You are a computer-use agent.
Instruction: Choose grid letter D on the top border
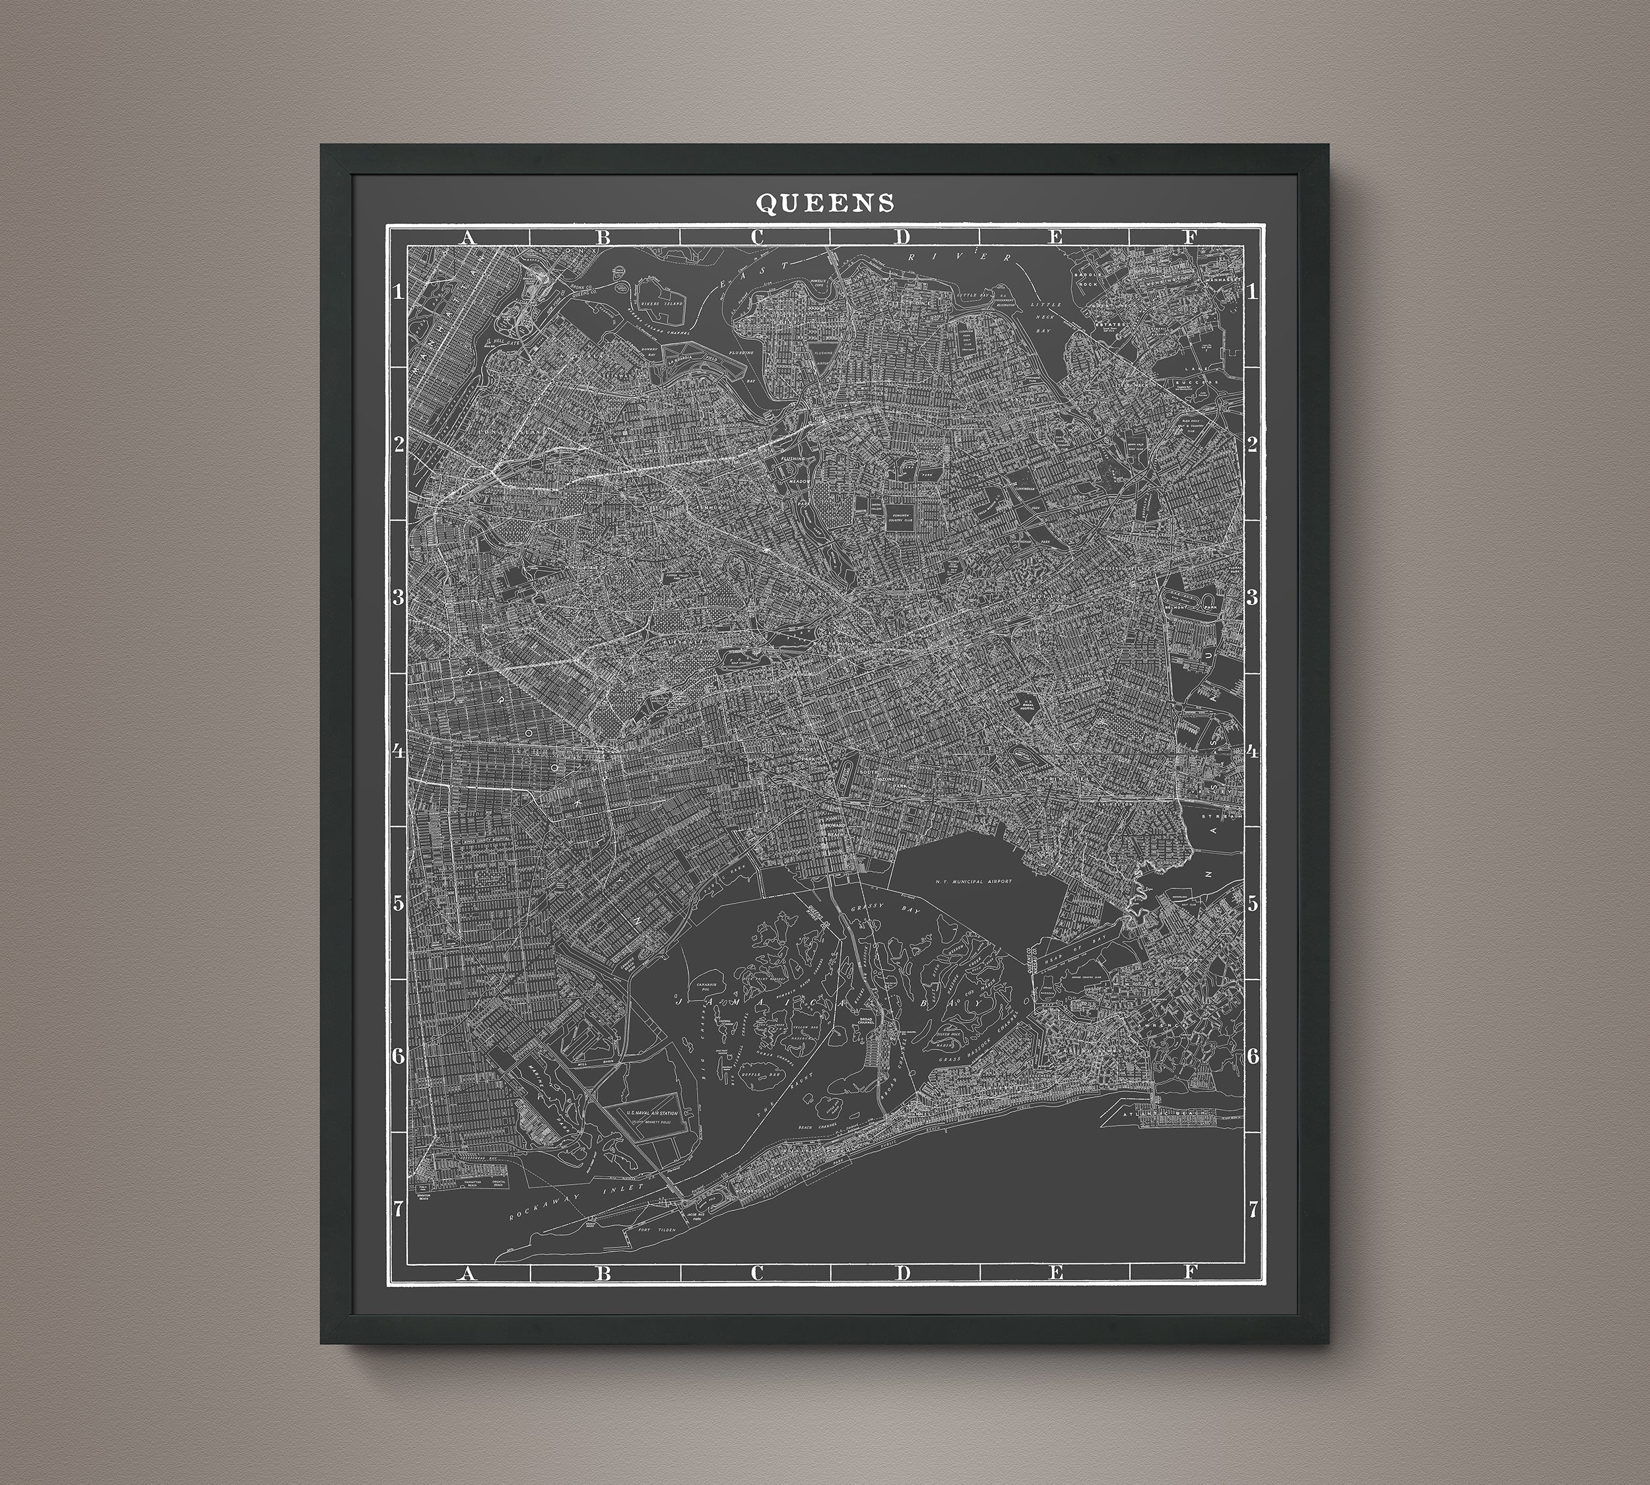coord(902,238)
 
